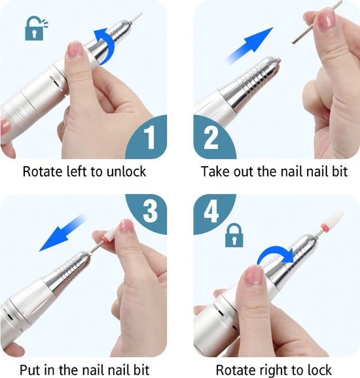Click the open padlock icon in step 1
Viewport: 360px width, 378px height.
point(36,28)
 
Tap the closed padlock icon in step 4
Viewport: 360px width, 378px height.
point(234,235)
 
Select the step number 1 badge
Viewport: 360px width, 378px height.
point(147,137)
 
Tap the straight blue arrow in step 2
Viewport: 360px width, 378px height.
point(250,45)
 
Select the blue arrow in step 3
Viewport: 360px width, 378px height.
point(63,232)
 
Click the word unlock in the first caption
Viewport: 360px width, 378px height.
point(126,171)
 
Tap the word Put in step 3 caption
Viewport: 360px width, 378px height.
point(29,369)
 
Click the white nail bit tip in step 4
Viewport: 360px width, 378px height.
point(333,220)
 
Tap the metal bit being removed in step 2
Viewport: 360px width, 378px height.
point(317,22)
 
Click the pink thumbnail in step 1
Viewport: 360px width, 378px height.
point(75,50)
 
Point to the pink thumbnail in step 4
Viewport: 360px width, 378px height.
point(255,276)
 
